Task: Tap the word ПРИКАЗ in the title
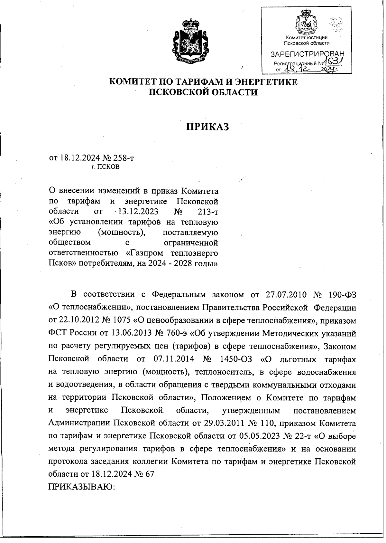(x=208, y=127)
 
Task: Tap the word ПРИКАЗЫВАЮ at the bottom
(x=82, y=487)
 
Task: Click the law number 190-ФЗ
(x=342, y=295)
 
